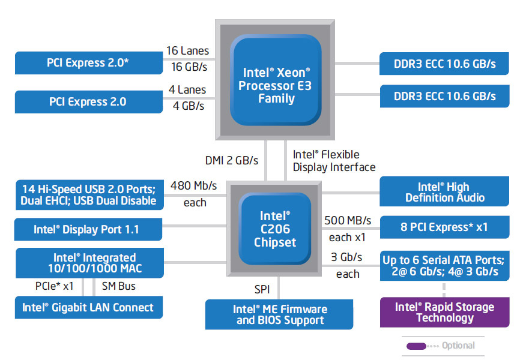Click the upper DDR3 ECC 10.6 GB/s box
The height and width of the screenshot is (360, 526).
pos(444,63)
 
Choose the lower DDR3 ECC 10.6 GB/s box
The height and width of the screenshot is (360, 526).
pos(444,95)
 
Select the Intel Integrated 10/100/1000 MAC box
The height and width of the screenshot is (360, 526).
pos(88,263)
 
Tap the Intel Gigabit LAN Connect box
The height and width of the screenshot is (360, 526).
pos(88,308)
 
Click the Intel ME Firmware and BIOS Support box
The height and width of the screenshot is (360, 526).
pos(280,315)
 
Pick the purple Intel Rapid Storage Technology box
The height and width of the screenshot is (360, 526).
pos(444,312)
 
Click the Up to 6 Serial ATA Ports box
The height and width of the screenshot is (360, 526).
pos(444,266)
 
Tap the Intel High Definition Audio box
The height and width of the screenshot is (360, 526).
pos(444,192)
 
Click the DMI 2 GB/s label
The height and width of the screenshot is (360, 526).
pos(231,160)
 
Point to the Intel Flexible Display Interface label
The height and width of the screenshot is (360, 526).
pos(334,161)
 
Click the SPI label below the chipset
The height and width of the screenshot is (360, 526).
pos(262,289)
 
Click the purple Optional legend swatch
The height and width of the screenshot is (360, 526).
pos(416,346)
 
